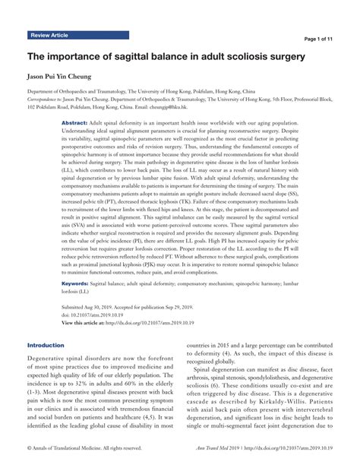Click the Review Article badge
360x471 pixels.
50,36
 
